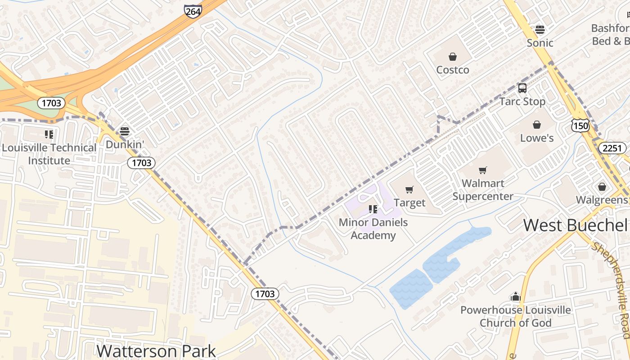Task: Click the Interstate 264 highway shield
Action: [193, 11]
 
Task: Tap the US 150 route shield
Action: [580, 126]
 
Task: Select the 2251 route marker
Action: [612, 148]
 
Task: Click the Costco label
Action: [453, 70]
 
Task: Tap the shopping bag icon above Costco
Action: [453, 57]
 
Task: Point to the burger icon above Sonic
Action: [540, 30]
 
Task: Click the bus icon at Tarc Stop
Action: [522, 88]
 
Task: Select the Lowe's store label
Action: [537, 138]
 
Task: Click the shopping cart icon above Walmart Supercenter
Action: [483, 170]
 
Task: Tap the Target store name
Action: [409, 203]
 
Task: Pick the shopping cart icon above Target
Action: [409, 189]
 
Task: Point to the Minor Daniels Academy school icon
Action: [373, 209]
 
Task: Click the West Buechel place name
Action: [576, 225]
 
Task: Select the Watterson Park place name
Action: [156, 351]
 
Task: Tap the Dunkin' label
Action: [125, 144]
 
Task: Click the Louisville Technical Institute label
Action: [49, 154]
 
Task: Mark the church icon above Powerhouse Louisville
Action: [515, 297]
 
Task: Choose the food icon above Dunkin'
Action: [125, 131]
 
